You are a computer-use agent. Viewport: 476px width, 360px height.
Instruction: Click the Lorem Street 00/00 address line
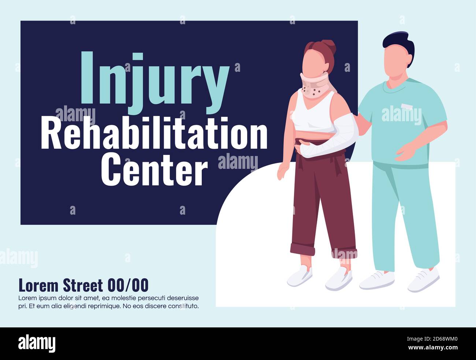(83, 285)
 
